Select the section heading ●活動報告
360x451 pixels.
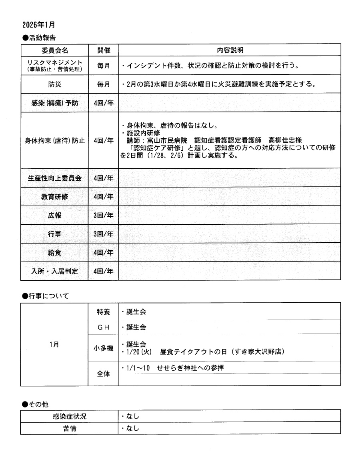[39, 38]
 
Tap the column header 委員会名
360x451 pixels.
[54, 51]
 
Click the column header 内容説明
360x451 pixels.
[230, 51]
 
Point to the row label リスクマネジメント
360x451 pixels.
[54, 63]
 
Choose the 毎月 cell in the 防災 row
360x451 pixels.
[103, 84]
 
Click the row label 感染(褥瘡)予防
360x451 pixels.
[54, 103]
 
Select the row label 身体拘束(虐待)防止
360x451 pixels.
[54, 141]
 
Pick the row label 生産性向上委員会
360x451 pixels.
[54, 178]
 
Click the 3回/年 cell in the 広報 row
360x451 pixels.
[103, 216]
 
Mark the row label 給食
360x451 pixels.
[54, 253]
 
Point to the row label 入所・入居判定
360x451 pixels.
[54, 271]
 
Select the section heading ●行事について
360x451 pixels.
[46, 296]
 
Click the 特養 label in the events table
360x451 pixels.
[103, 312]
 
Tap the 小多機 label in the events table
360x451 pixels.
[103, 348]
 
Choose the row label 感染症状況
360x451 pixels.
[69, 416]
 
